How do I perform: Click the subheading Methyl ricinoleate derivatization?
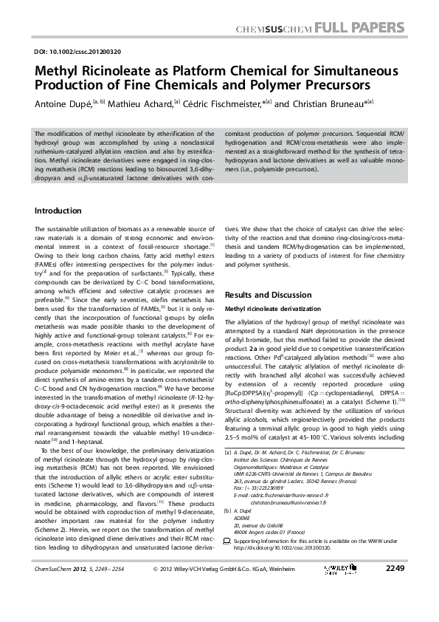point(274,308)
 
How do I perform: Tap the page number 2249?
point(395,589)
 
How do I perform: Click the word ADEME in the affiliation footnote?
point(243,536)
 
